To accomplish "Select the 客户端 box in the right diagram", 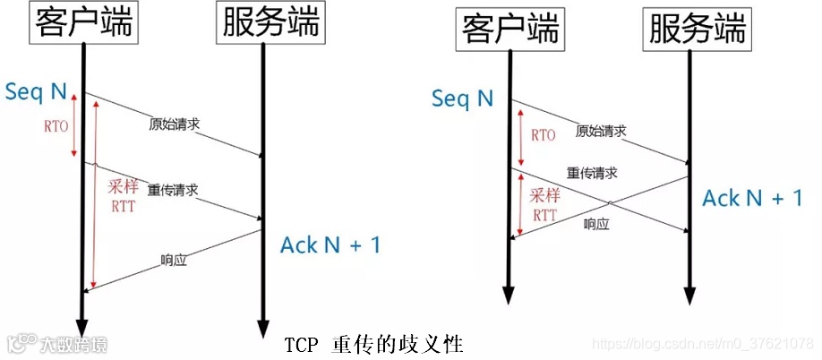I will (509, 30).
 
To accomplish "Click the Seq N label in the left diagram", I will (36, 91).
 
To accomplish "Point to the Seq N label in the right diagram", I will (462, 98).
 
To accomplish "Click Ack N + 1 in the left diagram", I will (330, 244).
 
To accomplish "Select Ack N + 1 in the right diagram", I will (752, 198).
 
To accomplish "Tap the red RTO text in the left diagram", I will (55, 125).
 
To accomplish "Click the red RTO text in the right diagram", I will (544, 135).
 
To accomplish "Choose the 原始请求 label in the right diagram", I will (601, 131).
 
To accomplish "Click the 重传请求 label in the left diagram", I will (172, 190).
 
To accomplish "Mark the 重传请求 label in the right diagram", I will (592, 172).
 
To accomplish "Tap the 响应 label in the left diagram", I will (173, 261).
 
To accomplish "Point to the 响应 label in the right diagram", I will (596, 224).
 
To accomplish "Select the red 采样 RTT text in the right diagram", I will (544, 204).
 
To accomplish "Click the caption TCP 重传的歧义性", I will (374, 344).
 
